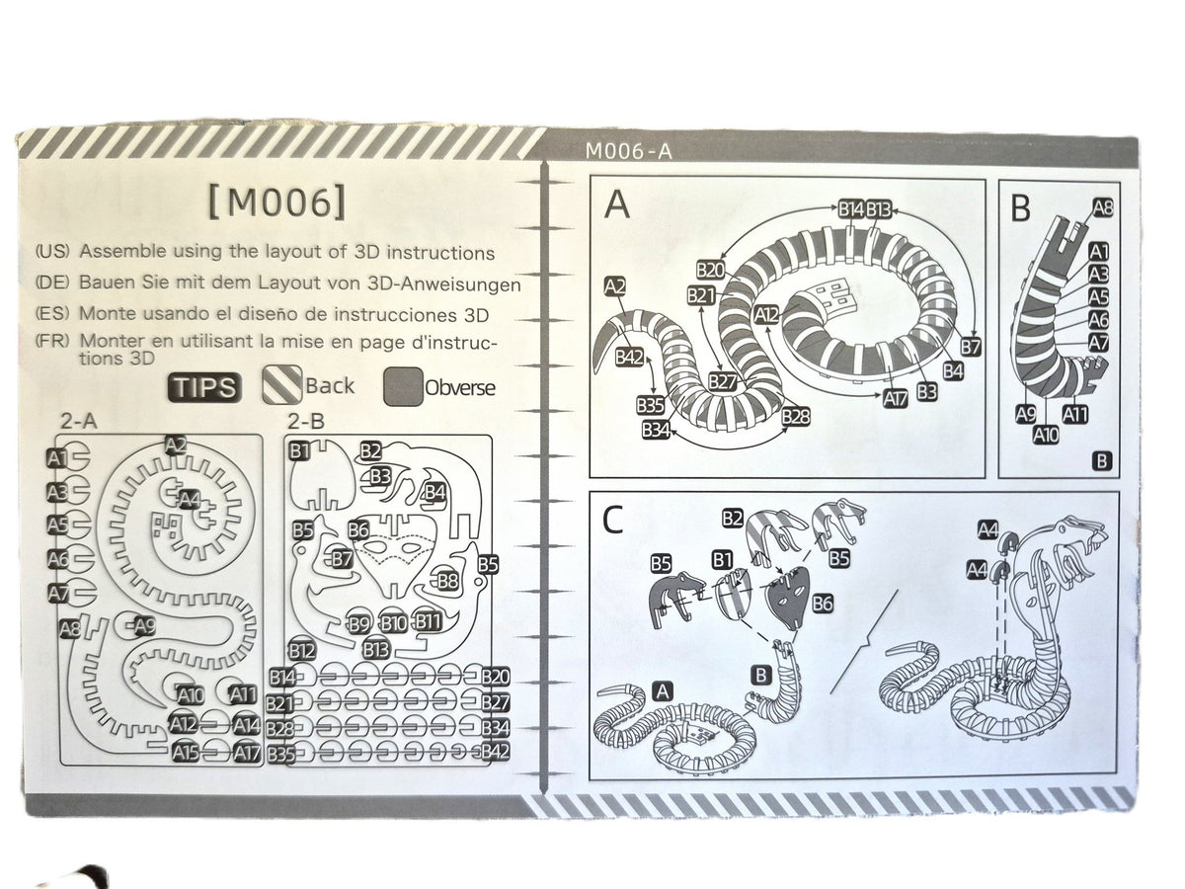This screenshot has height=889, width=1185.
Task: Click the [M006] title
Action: click(x=276, y=202)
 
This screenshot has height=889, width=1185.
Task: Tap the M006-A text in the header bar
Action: click(x=628, y=152)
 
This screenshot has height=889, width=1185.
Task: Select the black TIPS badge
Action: click(x=204, y=387)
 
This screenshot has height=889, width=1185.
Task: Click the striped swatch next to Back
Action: click(x=282, y=384)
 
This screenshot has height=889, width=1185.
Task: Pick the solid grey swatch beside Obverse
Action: click(x=403, y=386)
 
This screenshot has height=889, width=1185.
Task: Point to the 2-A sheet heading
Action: click(x=79, y=421)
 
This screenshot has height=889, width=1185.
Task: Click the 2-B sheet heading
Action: click(x=305, y=421)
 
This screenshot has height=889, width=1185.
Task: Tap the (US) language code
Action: click(x=52, y=252)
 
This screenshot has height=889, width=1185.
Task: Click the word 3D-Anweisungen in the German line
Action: click(x=443, y=283)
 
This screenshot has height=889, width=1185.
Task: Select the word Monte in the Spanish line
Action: click(x=106, y=313)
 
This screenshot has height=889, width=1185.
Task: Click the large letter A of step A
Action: click(x=617, y=205)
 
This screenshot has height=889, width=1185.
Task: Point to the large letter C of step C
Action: click(x=612, y=521)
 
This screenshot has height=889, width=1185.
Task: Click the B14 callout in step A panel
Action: click(x=851, y=209)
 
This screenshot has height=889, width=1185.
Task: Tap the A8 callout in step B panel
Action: click(x=1103, y=207)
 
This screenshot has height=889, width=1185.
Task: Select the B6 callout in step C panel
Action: click(x=823, y=604)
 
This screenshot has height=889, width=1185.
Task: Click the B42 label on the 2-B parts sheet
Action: click(x=496, y=752)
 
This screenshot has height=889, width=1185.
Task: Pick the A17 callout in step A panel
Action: click(x=895, y=399)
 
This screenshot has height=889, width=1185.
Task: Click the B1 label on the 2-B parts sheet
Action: click(x=299, y=450)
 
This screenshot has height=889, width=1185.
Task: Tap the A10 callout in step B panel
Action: click(x=1046, y=435)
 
